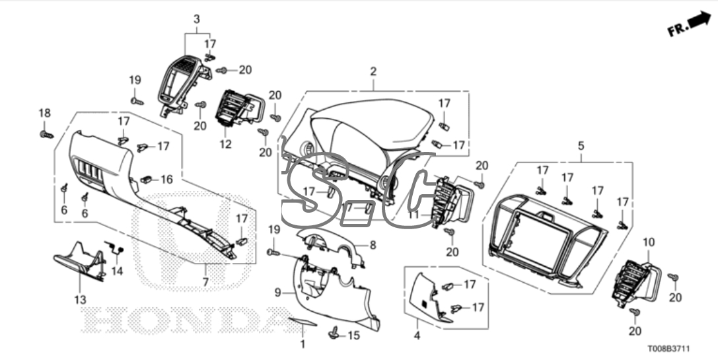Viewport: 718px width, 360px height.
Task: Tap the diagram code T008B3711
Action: [668, 349]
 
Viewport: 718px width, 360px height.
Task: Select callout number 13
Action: [80, 300]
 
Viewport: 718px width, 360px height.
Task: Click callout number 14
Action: [117, 271]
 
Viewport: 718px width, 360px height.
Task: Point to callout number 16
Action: [166, 179]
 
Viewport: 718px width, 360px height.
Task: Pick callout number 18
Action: [44, 113]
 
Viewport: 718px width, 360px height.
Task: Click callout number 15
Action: [353, 336]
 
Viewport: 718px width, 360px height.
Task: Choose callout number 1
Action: [303, 343]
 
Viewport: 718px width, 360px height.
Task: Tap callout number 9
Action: [277, 292]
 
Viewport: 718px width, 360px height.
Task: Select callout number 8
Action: [373, 246]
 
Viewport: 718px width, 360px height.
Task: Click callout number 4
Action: [417, 336]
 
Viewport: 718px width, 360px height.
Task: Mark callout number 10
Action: [649, 242]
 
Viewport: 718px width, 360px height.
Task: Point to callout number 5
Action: [581, 146]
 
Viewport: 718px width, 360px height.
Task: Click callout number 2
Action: [373, 71]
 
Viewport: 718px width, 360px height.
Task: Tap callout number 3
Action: [197, 19]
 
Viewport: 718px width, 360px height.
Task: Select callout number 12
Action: [225, 144]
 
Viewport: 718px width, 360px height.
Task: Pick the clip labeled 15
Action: [334, 333]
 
